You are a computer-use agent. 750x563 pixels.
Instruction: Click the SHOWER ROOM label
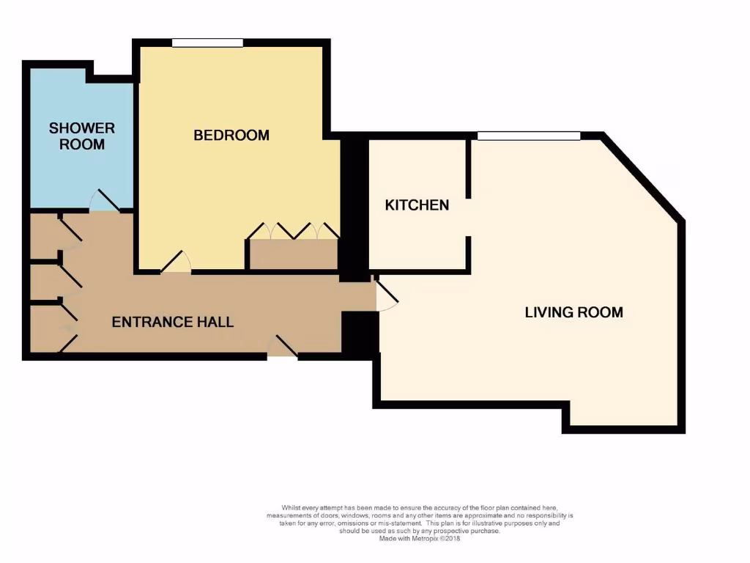[81, 136]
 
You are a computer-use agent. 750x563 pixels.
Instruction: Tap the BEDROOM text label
[231, 135]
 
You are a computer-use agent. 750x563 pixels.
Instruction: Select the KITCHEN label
[417, 205]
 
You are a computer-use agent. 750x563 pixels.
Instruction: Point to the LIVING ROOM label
[573, 312]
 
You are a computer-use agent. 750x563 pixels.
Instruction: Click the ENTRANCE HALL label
[172, 322]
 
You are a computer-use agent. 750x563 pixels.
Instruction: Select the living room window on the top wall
[528, 136]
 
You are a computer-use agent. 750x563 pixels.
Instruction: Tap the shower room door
[104, 201]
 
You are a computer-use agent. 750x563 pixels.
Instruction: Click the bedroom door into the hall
[176, 263]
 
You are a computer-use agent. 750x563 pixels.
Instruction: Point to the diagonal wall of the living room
[643, 177]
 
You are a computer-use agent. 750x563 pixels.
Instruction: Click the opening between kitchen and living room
[468, 217]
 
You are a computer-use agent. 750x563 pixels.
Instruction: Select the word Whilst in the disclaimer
[292, 507]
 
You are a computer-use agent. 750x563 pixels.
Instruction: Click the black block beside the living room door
[359, 334]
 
